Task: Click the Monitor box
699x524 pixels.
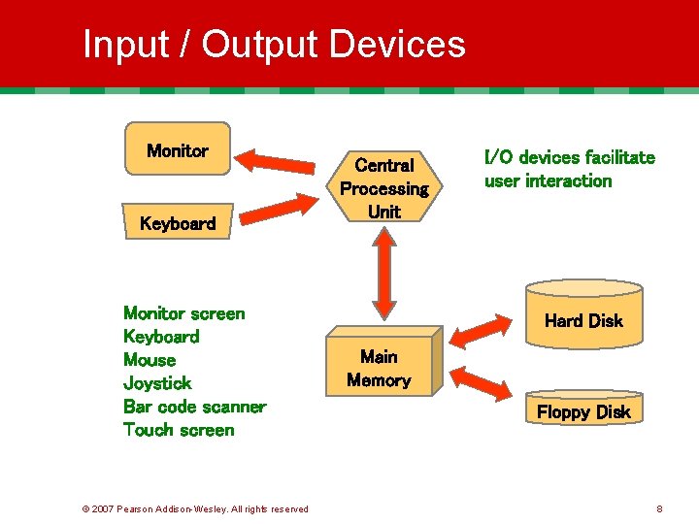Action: tap(177, 148)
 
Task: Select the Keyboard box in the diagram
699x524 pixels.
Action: tap(177, 223)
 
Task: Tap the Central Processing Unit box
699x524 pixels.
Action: tap(384, 186)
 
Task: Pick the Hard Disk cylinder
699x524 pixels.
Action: tap(583, 315)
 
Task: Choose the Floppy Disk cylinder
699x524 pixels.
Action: tap(583, 409)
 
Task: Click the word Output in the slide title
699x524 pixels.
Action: tap(261, 45)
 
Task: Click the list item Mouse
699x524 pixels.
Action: tap(150, 360)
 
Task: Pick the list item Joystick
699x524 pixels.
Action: tap(157, 383)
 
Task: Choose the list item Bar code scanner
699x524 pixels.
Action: tap(194, 407)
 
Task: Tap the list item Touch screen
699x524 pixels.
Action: tap(179, 430)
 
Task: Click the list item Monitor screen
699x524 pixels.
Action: tap(184, 313)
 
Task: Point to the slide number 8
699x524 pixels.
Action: tap(659, 508)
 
